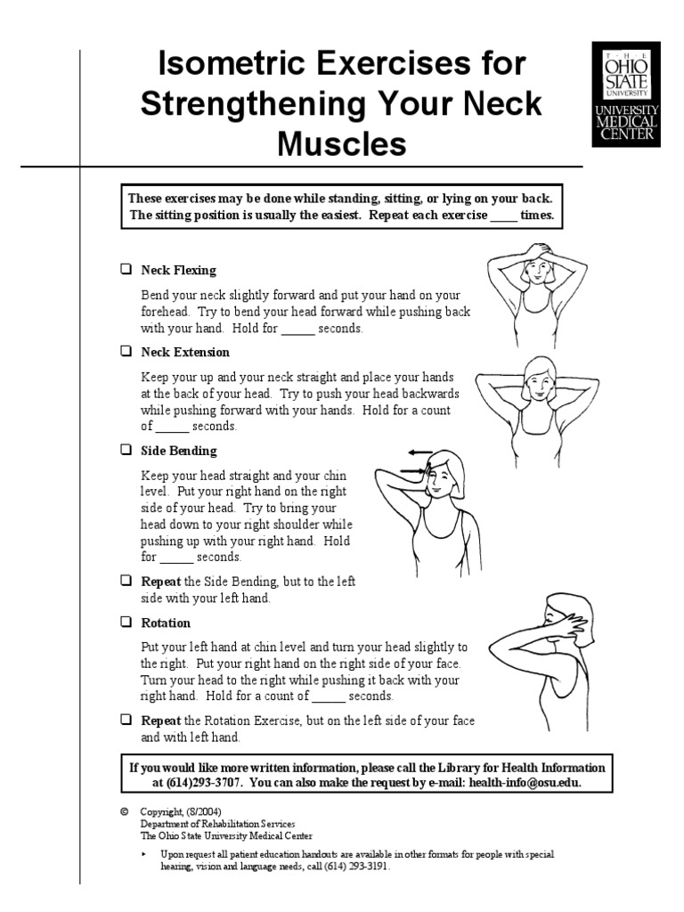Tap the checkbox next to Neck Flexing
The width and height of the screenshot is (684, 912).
(126, 269)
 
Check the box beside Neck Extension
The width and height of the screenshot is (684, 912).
(126, 352)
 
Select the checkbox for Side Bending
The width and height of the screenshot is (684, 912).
(126, 450)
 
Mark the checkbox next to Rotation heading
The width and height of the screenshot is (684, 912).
(126, 622)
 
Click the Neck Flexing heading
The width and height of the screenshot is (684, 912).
(178, 270)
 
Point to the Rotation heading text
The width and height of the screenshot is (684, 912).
(166, 623)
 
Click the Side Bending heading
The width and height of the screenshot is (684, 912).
(178, 451)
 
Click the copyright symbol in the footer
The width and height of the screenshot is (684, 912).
(124, 813)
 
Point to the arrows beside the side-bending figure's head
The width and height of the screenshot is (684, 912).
(417, 460)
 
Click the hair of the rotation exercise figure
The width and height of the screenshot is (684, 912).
(566, 609)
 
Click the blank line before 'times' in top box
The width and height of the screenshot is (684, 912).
(503, 216)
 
